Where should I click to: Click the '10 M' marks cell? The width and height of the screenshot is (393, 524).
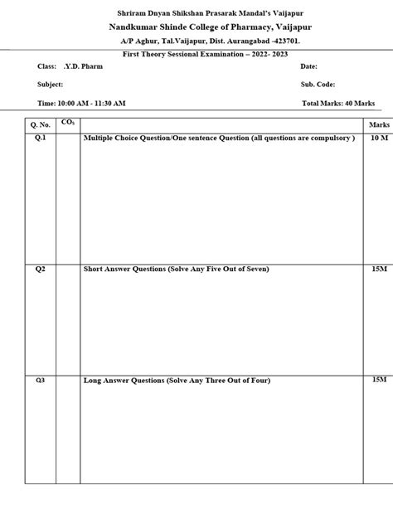[378, 138]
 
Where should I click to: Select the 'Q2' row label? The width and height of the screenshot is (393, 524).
[40, 269]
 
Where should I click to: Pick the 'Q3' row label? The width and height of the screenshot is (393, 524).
[40, 380]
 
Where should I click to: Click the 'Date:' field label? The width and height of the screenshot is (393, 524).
[308, 65]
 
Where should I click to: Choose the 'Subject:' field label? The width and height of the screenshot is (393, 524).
[51, 85]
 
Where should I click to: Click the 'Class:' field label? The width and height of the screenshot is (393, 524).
[47, 65]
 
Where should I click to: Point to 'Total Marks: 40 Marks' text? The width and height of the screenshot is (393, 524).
[338, 103]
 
